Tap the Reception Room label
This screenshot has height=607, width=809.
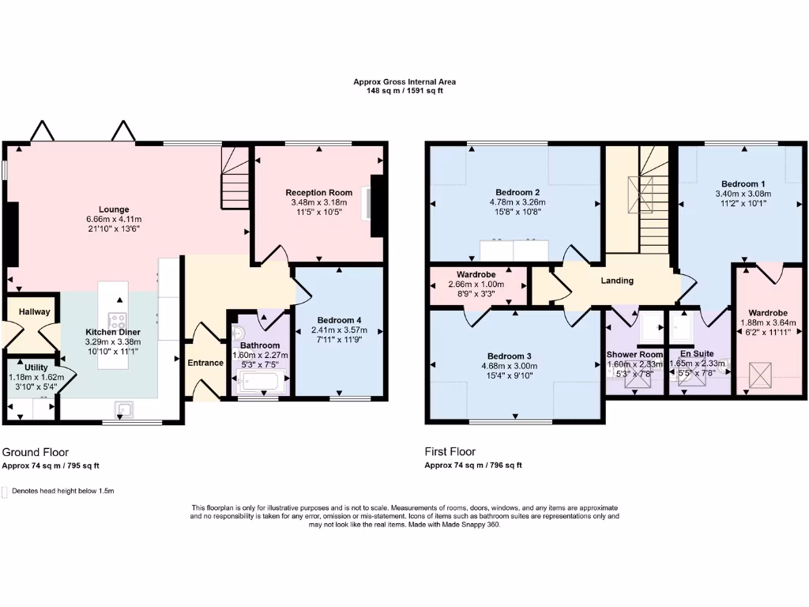pyautogui.click(x=318, y=193)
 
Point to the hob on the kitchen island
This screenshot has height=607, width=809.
pyautogui.click(x=118, y=322)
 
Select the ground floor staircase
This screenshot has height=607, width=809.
pyautogui.click(x=235, y=182)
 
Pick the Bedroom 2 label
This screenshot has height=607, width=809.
pyautogui.click(x=517, y=192)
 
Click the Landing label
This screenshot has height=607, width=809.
pyautogui.click(x=617, y=281)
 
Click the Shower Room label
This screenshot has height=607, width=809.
pyautogui.click(x=634, y=354)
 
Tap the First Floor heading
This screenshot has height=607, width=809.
pyautogui.click(x=450, y=452)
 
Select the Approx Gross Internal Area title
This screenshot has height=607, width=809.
pyautogui.click(x=404, y=81)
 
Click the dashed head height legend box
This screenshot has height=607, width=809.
pyautogui.click(x=6, y=491)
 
